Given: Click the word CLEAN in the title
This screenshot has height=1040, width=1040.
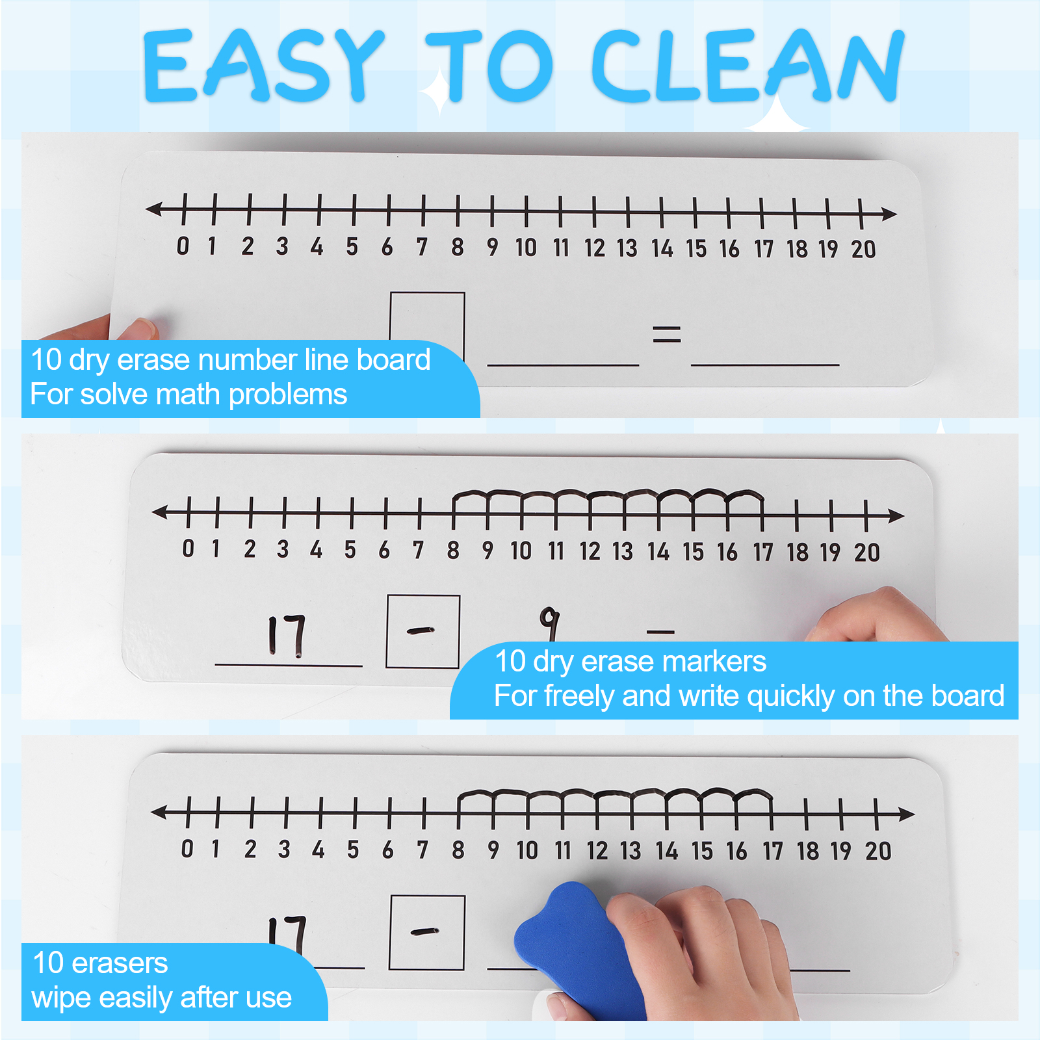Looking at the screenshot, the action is click(747, 65).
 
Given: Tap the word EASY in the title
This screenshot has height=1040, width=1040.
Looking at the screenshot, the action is click(263, 65).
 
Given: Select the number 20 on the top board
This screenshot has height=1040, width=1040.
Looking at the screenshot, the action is click(864, 249).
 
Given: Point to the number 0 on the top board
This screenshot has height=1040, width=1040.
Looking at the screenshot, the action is click(183, 246).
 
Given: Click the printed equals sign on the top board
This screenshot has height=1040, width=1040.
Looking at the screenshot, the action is click(667, 335).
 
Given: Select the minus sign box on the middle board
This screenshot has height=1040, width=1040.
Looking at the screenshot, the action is click(423, 631).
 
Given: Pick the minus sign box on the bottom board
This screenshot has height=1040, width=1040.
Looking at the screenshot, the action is click(427, 933).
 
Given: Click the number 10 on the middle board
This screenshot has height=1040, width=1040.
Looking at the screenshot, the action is click(521, 551).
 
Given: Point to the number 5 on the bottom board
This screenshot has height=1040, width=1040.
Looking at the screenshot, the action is click(353, 850).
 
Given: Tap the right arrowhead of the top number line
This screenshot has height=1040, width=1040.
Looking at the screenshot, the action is click(889, 213).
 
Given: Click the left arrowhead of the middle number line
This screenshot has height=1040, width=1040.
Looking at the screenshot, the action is click(160, 513).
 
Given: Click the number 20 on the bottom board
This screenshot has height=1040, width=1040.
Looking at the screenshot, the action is click(878, 851).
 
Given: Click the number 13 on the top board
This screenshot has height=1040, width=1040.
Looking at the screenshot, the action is click(627, 248).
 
